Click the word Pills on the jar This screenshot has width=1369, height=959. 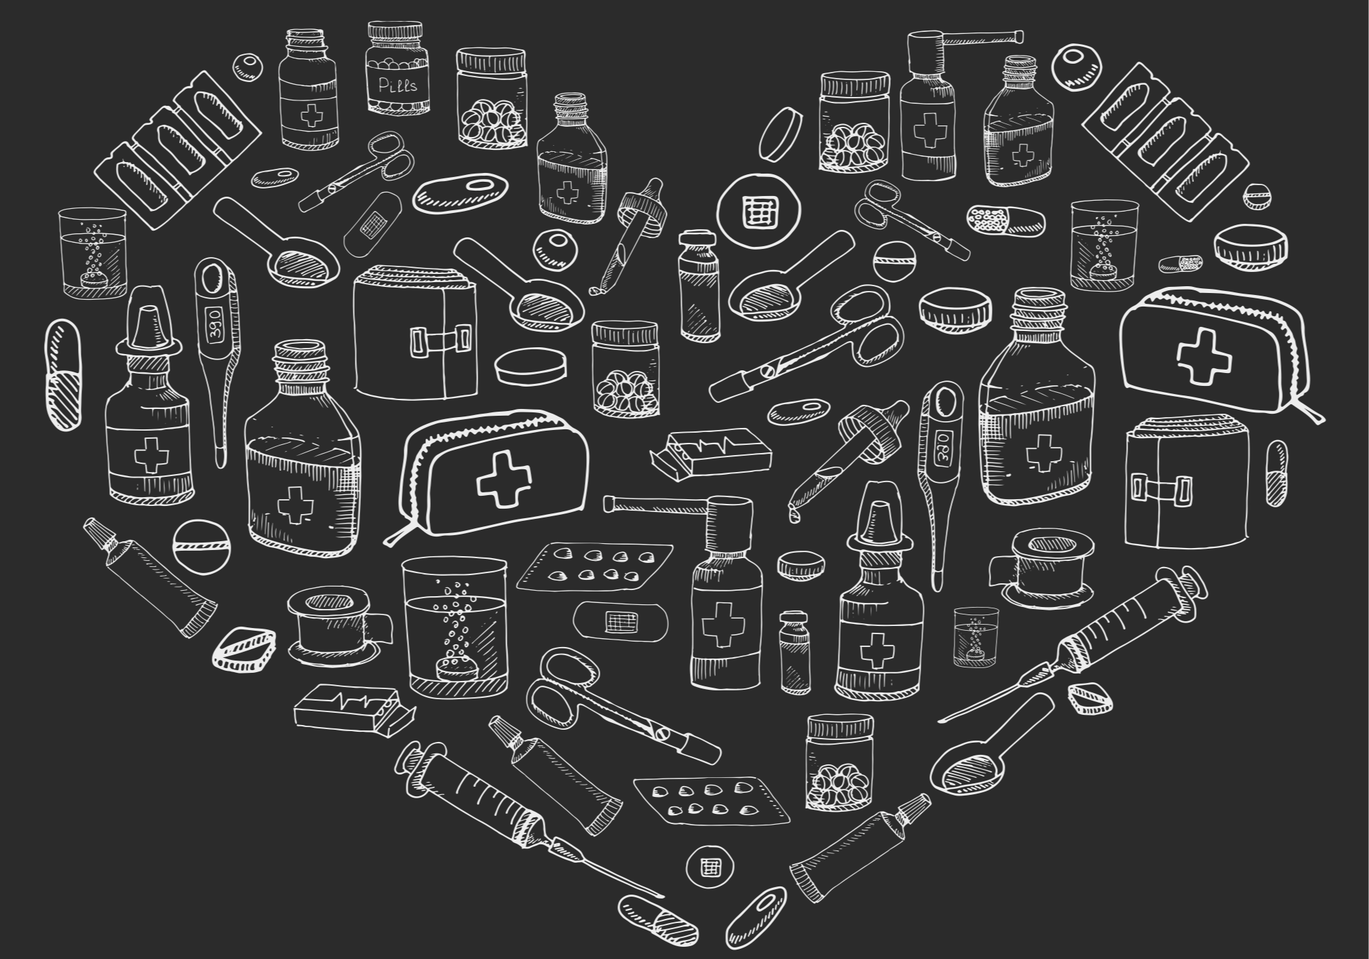(398, 85)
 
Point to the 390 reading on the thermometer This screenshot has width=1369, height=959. (215, 325)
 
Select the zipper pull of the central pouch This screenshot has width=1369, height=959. (393, 537)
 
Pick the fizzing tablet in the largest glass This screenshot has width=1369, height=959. (453, 669)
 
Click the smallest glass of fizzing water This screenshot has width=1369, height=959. (976, 636)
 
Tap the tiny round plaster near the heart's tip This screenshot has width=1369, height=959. (710, 866)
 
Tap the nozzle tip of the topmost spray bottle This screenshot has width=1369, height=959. (1019, 34)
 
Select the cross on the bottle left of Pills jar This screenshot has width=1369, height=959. (311, 116)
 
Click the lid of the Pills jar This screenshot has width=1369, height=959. (394, 33)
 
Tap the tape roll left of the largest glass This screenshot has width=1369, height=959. (332, 624)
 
